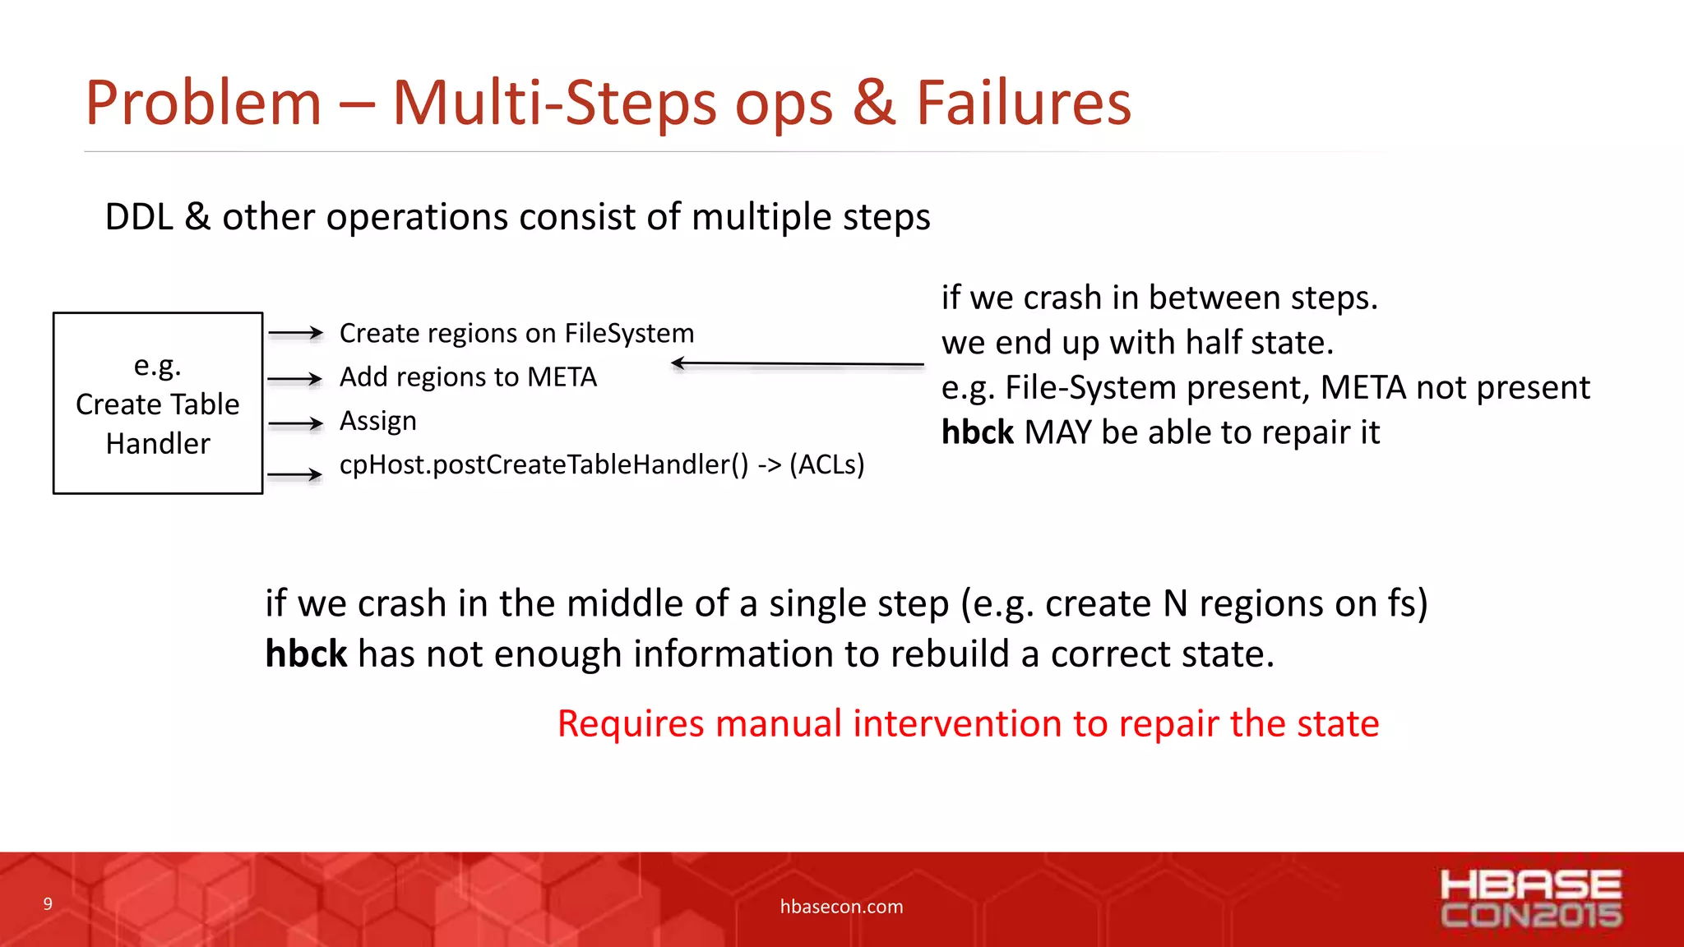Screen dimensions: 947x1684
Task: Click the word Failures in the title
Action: (x=1023, y=104)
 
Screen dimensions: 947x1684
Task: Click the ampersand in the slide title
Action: (x=873, y=104)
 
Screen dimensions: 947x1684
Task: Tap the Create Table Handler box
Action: (x=158, y=403)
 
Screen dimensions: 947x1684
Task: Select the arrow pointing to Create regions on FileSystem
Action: (x=295, y=333)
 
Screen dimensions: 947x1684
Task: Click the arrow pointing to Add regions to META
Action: (x=295, y=379)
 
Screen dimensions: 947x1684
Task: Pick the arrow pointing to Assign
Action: (x=295, y=423)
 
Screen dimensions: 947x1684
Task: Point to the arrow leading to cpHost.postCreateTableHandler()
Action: (x=295, y=474)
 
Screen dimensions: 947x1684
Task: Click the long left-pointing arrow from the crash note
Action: (x=797, y=363)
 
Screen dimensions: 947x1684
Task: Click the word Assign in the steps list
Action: (x=378, y=421)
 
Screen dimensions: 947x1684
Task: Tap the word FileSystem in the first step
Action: (x=629, y=333)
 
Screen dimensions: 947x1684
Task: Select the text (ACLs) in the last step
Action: (x=826, y=464)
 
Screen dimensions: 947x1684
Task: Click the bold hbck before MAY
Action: (x=977, y=432)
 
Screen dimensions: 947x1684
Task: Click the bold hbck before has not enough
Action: (x=306, y=654)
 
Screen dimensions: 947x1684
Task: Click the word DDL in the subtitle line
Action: (x=139, y=217)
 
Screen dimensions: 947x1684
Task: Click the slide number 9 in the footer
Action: (x=48, y=904)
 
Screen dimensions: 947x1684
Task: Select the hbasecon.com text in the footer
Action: (x=841, y=907)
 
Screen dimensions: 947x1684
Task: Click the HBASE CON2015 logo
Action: (x=1530, y=899)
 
